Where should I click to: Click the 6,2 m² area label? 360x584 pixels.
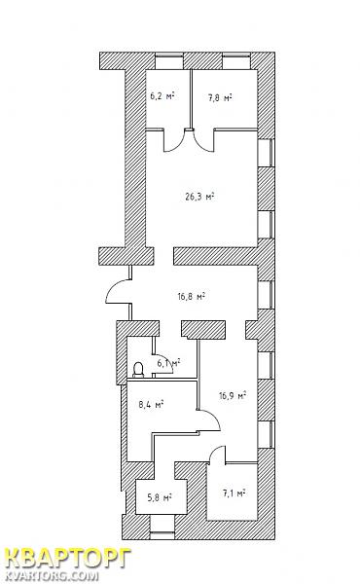[162, 96]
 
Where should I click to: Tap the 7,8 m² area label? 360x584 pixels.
[220, 98]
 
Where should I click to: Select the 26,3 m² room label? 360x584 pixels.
[199, 197]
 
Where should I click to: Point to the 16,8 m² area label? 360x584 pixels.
[192, 297]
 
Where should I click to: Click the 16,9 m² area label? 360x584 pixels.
[233, 395]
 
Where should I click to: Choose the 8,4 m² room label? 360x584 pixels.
[151, 405]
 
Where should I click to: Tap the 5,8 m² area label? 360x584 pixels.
[159, 497]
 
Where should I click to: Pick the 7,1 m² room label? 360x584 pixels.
[234, 493]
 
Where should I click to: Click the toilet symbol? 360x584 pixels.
[138, 370]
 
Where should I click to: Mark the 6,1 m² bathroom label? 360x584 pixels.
[168, 362]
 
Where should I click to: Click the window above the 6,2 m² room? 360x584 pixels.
[169, 56]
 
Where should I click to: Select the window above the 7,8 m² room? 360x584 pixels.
[236, 56]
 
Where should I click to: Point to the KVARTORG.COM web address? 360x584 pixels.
[53, 576]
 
